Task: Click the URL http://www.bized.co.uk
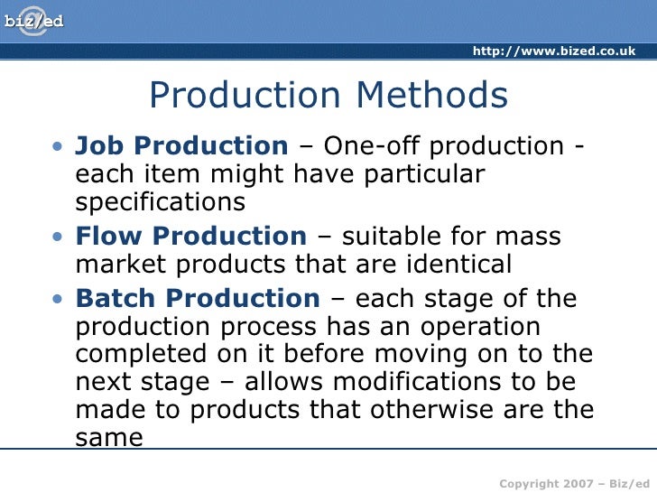[x=554, y=51]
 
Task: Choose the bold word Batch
[x=116, y=298]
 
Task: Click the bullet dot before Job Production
[x=59, y=146]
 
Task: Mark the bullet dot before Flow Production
[x=59, y=237]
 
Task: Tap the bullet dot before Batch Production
[x=59, y=299]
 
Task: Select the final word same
[x=109, y=438]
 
